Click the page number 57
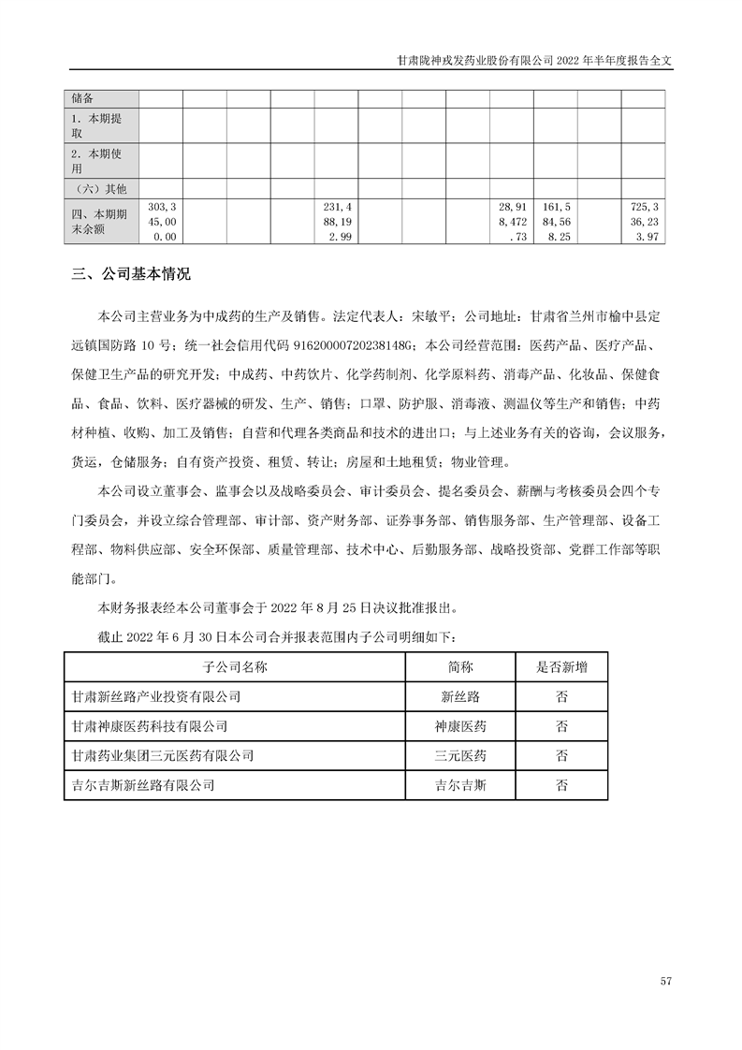[666, 981]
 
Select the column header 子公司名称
[235, 667]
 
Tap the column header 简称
[461, 667]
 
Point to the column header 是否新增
[561, 667]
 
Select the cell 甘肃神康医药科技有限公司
[150, 726]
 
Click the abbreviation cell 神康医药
[461, 726]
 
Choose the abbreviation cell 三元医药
[461, 755]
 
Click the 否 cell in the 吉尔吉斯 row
[561, 785]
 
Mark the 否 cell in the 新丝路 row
[561, 697]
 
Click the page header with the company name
[534, 58]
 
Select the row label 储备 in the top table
[84, 99]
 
